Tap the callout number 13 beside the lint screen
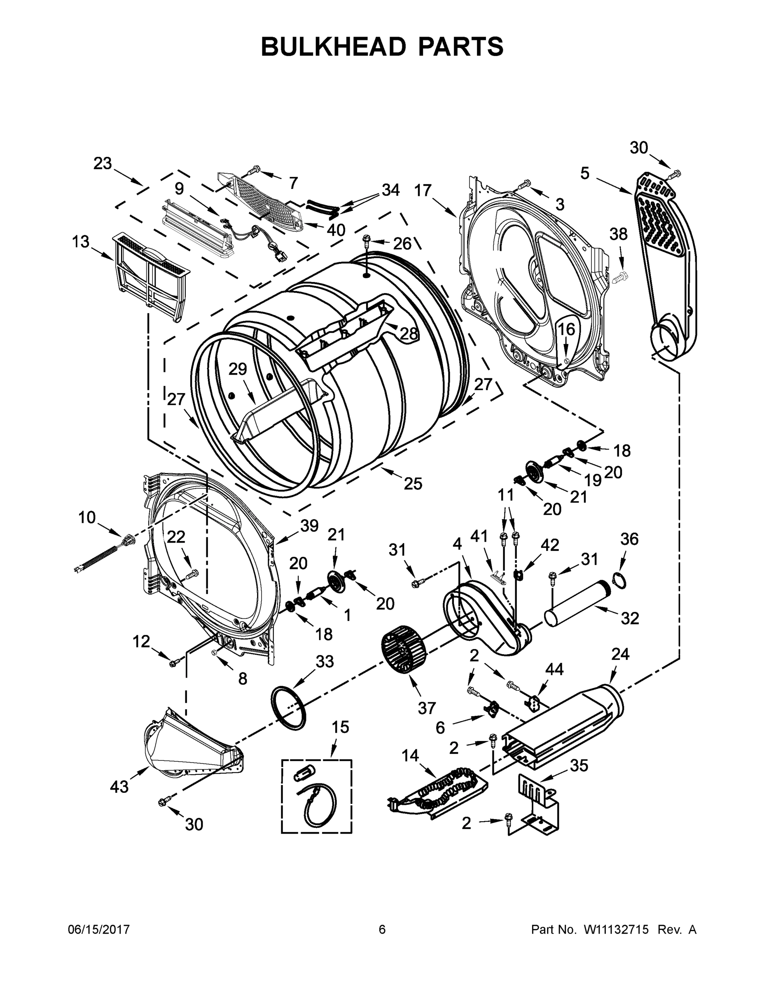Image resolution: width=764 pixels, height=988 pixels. (81, 242)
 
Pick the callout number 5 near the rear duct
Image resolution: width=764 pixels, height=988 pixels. (585, 173)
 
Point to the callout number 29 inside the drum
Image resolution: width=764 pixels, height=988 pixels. (238, 370)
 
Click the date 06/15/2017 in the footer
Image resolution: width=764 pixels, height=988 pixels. (99, 930)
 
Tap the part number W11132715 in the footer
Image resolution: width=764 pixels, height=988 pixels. (616, 930)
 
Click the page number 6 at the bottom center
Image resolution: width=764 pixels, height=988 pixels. (382, 930)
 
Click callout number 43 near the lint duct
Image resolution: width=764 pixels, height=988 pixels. (119, 787)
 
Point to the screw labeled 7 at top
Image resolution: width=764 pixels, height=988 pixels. (254, 170)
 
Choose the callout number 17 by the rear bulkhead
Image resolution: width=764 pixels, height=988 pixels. (423, 191)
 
